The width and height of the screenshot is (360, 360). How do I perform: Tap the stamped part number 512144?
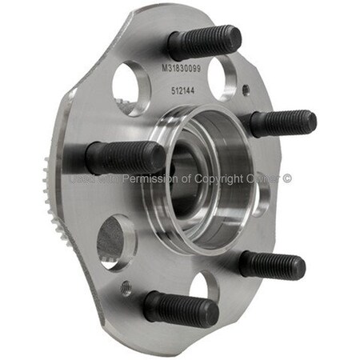[x=183, y=90]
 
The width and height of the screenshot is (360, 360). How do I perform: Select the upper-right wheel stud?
[x=282, y=124]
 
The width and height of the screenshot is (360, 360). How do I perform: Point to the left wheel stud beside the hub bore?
[x=124, y=158]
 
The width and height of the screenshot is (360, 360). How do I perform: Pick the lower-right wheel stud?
[x=272, y=265]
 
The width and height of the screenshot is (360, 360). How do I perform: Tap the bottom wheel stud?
[x=182, y=307]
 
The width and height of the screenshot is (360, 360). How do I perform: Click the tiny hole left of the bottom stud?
[x=126, y=288]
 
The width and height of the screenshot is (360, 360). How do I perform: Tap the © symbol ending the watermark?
[x=286, y=179]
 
